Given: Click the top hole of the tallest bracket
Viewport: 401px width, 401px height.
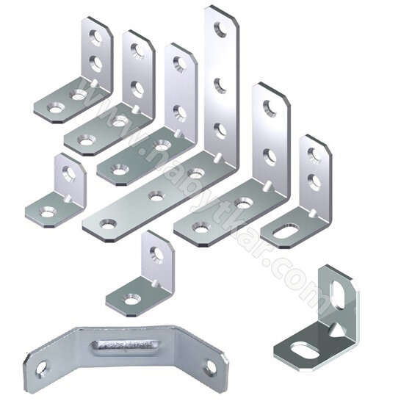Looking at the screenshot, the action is click(220, 29).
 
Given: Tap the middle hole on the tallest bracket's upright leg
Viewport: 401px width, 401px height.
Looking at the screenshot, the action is click(220, 85).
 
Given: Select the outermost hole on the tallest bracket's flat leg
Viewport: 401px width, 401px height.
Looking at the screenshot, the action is click(108, 224).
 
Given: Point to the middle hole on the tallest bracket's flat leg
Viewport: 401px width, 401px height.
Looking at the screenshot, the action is click(156, 196).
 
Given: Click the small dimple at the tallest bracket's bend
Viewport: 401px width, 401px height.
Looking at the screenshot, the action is click(219, 157).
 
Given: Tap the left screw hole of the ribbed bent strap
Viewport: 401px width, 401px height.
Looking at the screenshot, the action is click(41, 369).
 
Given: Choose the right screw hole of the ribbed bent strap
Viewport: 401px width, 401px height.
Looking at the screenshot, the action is click(211, 368).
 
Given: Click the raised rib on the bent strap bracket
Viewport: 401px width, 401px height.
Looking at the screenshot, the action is click(123, 347).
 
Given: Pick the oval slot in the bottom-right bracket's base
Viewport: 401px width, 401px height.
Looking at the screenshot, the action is click(305, 350).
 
